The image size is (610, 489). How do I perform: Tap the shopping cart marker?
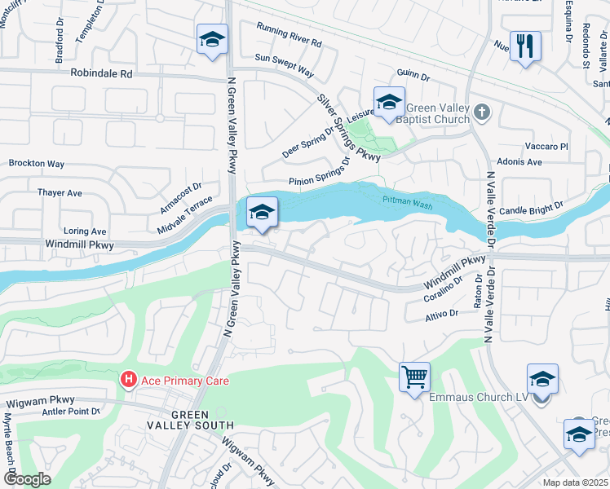(x=414, y=377)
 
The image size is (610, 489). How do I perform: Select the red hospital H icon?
(x=128, y=380)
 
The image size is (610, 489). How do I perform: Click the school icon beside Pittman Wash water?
(x=261, y=212)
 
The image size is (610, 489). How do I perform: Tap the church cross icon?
(x=481, y=112)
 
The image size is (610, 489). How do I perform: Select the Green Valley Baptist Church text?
(x=431, y=113)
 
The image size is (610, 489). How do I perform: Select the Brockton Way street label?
(x=37, y=164)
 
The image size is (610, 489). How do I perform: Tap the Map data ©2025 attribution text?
(x=576, y=482)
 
